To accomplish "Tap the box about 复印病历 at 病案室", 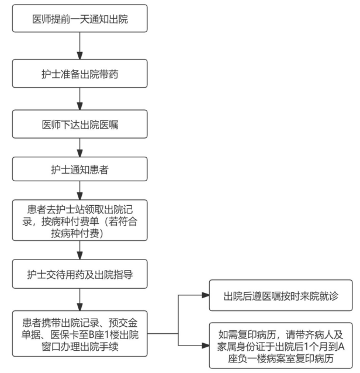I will (281, 345).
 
